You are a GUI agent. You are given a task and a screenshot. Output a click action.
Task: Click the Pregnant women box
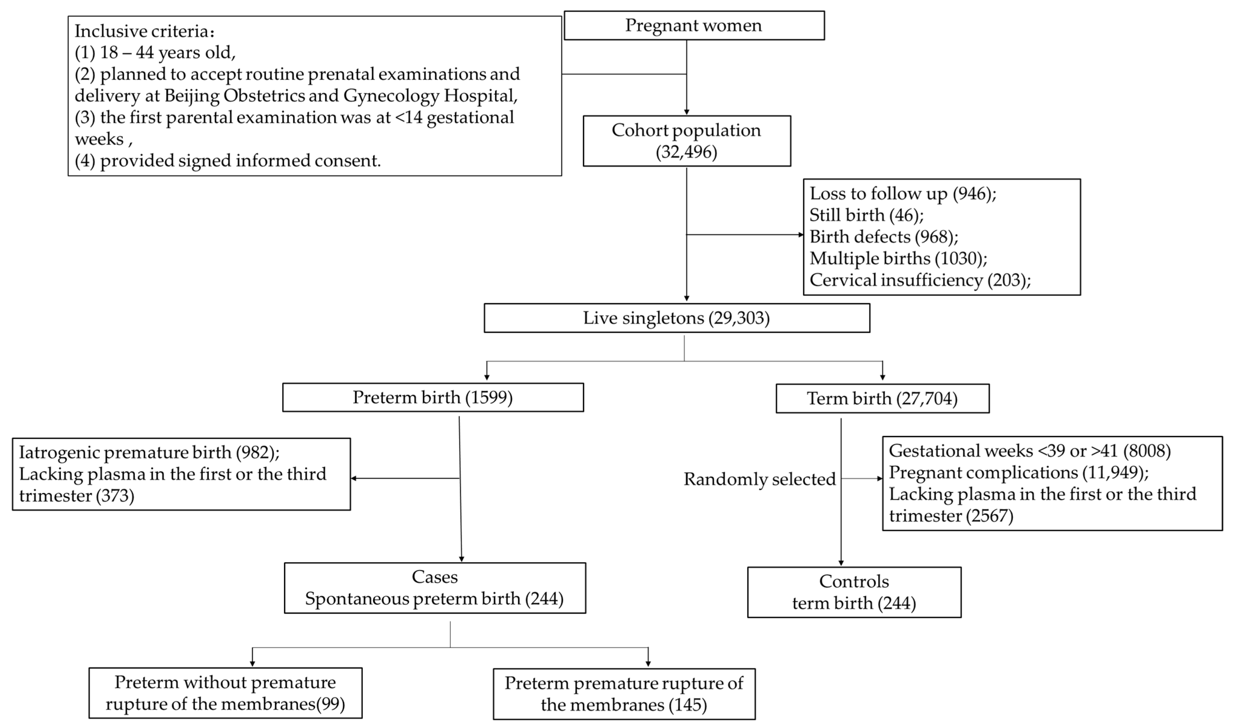click(x=694, y=25)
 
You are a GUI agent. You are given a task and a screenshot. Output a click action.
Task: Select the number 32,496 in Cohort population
click(x=686, y=152)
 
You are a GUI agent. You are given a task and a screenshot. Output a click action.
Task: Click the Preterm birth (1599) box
click(x=433, y=397)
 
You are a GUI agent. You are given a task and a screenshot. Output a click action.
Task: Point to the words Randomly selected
click(x=759, y=479)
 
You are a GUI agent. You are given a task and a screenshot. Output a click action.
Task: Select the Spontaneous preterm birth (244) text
click(x=434, y=599)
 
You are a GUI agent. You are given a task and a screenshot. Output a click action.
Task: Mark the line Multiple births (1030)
click(x=898, y=259)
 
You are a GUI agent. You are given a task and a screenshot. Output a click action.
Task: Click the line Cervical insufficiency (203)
click(x=919, y=280)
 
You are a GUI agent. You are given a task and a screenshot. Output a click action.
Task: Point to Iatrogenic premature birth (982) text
click(x=149, y=452)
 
